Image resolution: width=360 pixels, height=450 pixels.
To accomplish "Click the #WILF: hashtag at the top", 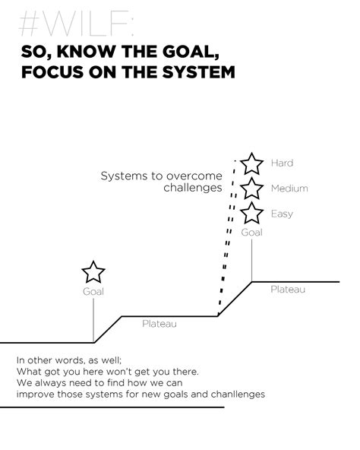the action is point(76,24).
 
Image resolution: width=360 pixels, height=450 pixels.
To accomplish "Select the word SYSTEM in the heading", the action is point(199,71).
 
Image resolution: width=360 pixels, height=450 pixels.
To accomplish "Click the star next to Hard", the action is point(251,163).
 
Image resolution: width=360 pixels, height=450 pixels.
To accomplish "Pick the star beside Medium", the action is point(251,189).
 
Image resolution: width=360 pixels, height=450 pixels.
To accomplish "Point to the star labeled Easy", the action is point(251,214).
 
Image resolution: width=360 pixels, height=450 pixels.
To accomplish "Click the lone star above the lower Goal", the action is point(93,272).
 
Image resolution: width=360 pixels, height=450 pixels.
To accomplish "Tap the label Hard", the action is point(282,163).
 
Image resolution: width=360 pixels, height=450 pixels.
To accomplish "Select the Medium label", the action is point(289,189).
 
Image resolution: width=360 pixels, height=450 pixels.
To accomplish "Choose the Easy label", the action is point(282,214).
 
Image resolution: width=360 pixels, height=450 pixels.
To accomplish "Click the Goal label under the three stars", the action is point(251,232).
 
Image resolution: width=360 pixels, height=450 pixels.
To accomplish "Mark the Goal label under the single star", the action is point(93,292).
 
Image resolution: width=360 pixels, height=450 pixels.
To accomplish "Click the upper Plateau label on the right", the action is point(288,290).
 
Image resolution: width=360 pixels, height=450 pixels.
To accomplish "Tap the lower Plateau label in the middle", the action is point(159,324).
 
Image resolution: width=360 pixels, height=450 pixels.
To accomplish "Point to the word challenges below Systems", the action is point(193,188).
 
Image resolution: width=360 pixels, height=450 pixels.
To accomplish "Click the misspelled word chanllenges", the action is point(238,395).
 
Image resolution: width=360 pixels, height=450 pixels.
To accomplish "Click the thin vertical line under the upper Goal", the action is point(252,261).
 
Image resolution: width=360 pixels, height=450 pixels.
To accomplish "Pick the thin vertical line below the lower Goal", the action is point(93,320).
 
